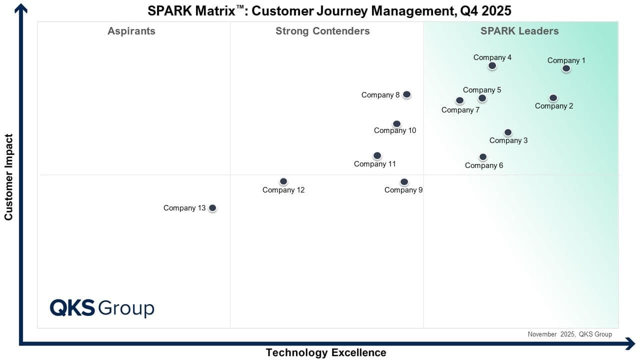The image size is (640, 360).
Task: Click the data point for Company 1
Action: click(566, 68)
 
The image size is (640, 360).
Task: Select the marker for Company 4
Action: click(492, 65)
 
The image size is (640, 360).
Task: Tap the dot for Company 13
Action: click(212, 208)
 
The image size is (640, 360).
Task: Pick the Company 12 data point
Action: click(283, 181)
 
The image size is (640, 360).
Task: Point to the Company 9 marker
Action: click(404, 182)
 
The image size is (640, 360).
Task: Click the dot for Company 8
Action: click(406, 94)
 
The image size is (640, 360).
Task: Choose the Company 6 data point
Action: click(483, 157)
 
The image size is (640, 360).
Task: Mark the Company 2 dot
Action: click(553, 98)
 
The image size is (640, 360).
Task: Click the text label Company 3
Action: click(508, 140)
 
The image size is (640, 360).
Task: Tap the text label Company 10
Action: click(395, 130)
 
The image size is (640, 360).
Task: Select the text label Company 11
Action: click(375, 164)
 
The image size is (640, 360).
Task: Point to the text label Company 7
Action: click(460, 110)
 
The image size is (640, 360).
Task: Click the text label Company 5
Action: click(482, 90)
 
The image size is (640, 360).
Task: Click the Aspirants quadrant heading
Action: click(131, 31)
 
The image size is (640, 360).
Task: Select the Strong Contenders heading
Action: click(322, 31)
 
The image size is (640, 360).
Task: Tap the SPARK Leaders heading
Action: click(519, 31)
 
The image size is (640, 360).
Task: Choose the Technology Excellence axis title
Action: click(326, 352)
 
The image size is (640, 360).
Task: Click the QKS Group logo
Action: click(102, 307)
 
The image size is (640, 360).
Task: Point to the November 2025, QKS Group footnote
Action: click(569, 334)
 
